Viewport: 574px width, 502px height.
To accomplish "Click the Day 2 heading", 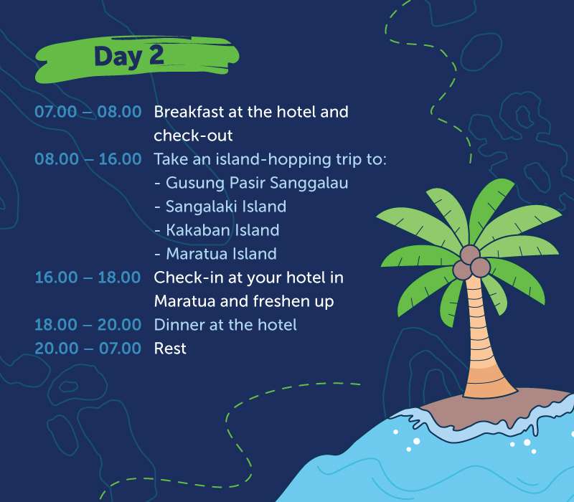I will pos(129,57).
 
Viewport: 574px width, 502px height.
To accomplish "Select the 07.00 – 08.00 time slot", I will pos(88,113).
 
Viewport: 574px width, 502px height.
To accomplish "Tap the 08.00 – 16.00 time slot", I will pos(88,159).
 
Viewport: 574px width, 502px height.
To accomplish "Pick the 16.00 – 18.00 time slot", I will pos(88,278).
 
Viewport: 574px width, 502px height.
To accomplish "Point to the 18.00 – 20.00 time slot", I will pos(88,325).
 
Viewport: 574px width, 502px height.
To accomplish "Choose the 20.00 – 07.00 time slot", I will pos(88,349).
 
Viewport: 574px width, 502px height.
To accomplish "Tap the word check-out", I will pos(193,136).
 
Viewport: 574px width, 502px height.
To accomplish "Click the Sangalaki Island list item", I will pos(225,207).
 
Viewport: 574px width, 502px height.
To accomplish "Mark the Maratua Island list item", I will pos(220,254).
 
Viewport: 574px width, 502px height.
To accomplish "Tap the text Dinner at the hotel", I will pos(225,325).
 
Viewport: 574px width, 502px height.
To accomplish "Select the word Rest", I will pos(170,349).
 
